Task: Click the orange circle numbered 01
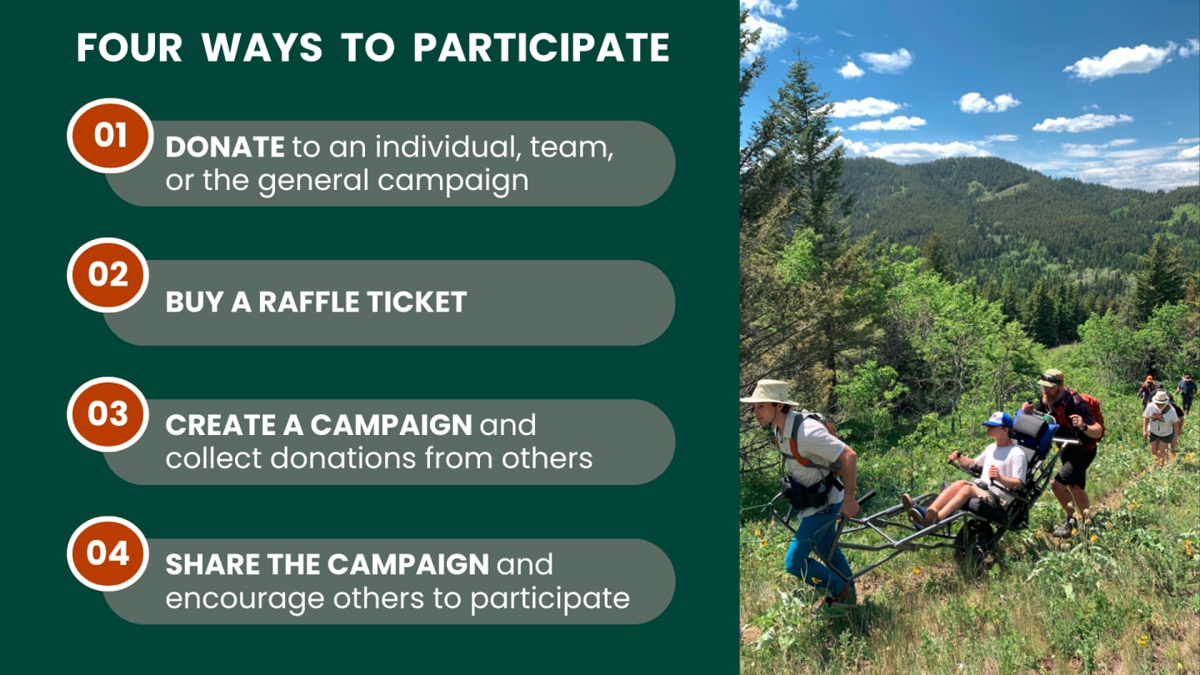110,135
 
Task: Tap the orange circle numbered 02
108,274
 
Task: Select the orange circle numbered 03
108,413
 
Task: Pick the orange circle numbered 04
108,552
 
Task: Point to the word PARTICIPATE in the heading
541,47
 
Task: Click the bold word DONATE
225,147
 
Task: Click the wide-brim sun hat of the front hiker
770,392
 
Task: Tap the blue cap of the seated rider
998,419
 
